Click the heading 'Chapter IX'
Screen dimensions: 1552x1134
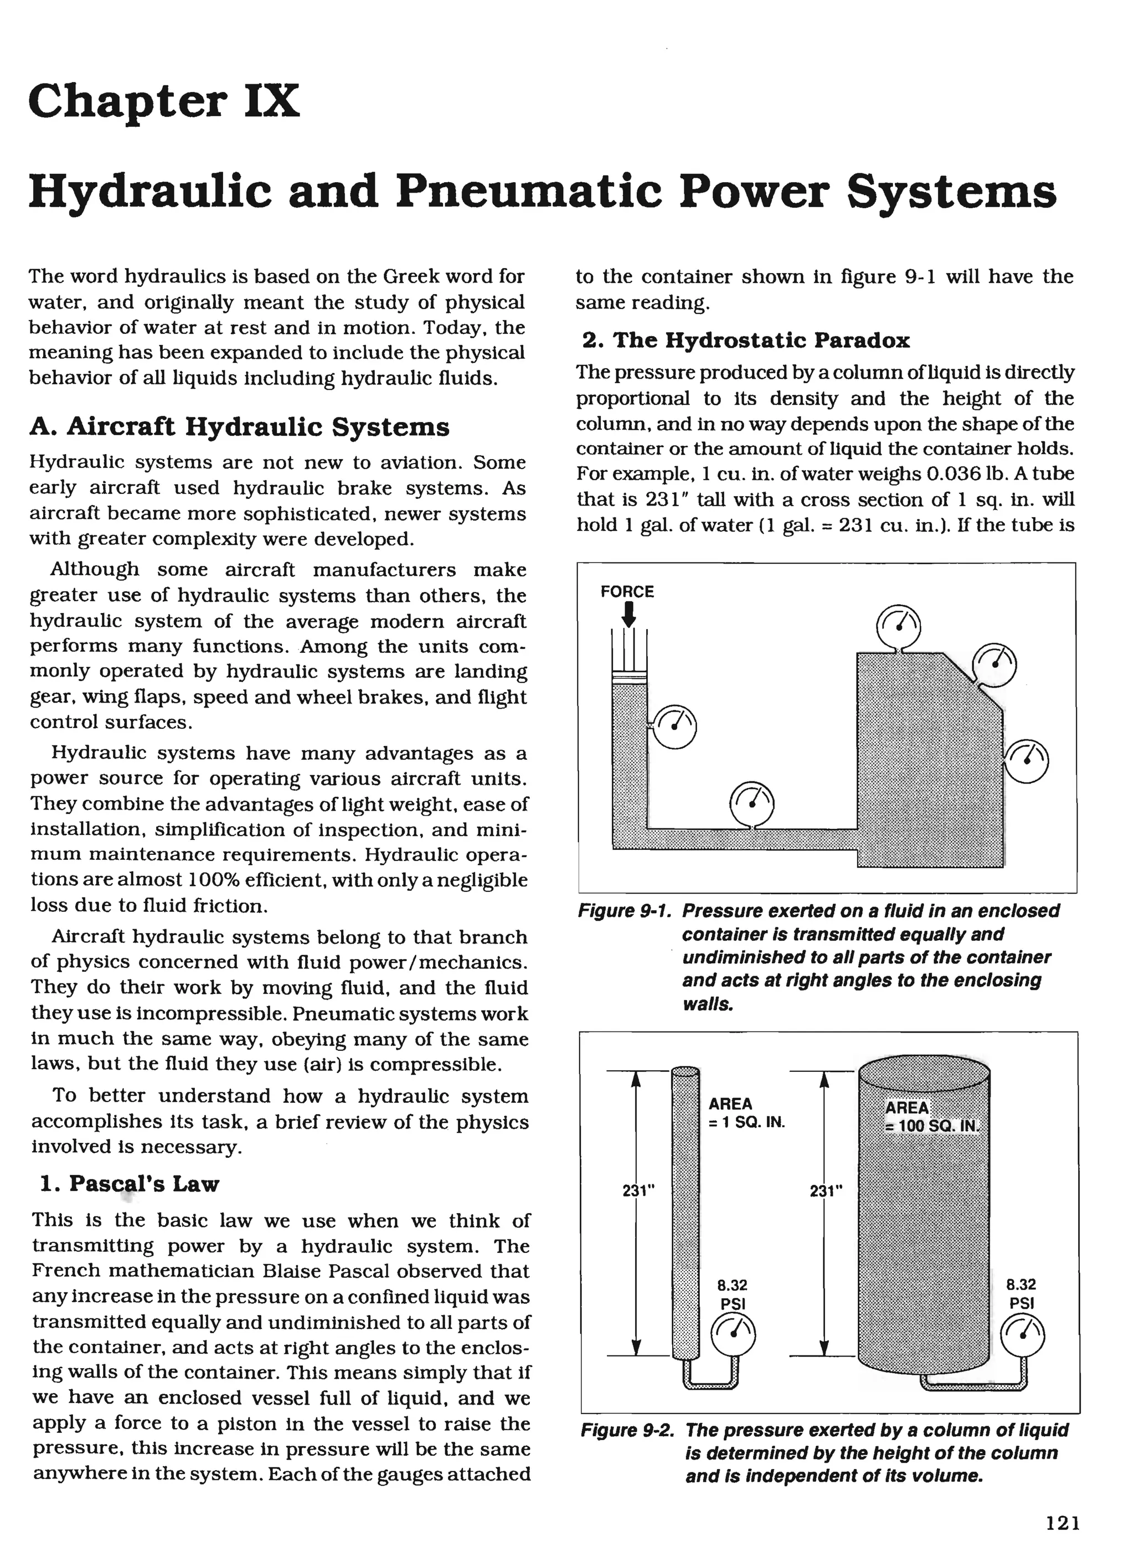coord(165,100)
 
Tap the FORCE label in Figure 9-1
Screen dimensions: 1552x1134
coord(627,592)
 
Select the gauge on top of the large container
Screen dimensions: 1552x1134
coord(899,627)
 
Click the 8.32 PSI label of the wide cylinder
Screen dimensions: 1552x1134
coord(1020,1293)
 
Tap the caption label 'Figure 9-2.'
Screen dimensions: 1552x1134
coord(627,1430)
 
